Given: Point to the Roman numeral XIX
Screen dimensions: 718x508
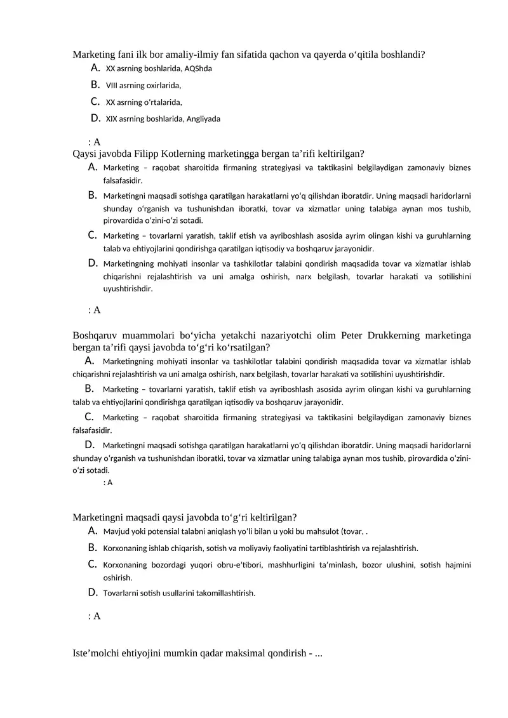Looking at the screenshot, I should tap(112, 119).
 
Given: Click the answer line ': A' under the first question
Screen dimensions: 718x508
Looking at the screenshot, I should tap(94, 142).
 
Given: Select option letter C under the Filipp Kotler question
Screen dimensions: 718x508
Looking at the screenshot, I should tap(92, 235).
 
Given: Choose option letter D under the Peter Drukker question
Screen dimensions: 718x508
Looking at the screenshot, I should tap(90, 444).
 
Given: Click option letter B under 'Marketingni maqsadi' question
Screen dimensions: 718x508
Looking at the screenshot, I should tap(92, 547).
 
